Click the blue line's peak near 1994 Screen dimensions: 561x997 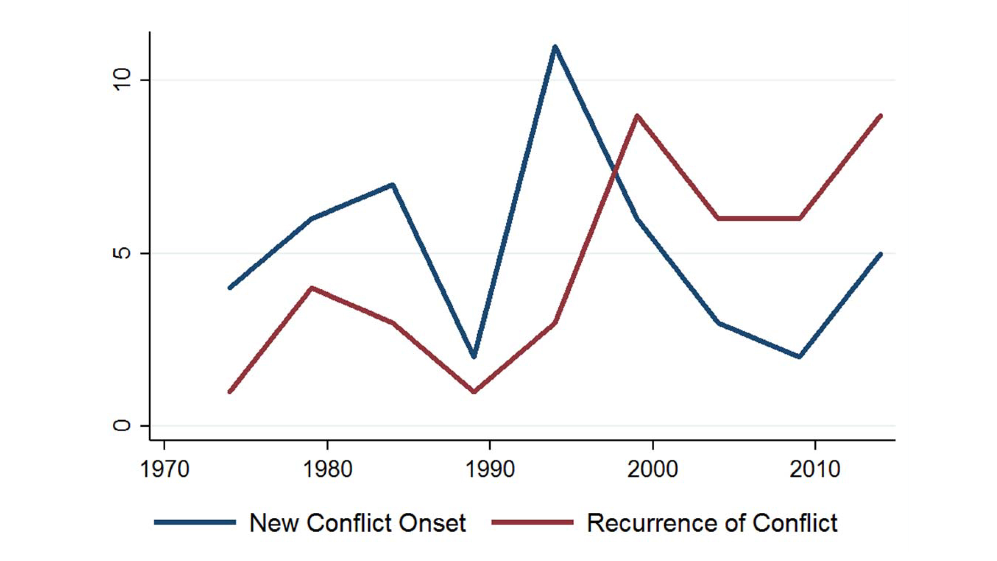click(x=555, y=47)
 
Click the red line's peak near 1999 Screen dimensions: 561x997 click(x=636, y=116)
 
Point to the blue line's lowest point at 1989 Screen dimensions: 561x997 click(x=474, y=357)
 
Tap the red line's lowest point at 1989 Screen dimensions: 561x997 click(x=474, y=391)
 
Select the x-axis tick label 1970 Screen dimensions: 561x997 click(x=165, y=470)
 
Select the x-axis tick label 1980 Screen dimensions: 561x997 click(x=327, y=470)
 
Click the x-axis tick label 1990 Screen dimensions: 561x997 click(x=490, y=470)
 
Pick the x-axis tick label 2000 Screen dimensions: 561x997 click(x=653, y=470)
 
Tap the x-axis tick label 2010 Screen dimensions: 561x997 click(x=815, y=470)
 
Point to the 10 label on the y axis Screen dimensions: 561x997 click(x=122, y=80)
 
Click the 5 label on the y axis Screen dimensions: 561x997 click(x=122, y=253)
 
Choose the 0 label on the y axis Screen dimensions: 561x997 click(x=122, y=426)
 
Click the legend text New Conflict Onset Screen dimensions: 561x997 click(x=357, y=523)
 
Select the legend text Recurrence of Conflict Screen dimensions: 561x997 click(x=712, y=523)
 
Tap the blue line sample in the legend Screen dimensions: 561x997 click(x=195, y=522)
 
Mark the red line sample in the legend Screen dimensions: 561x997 click(x=532, y=522)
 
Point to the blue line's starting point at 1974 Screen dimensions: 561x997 click(x=230, y=288)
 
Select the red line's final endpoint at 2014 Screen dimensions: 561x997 click(x=880, y=116)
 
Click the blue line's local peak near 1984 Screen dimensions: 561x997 click(x=393, y=185)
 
